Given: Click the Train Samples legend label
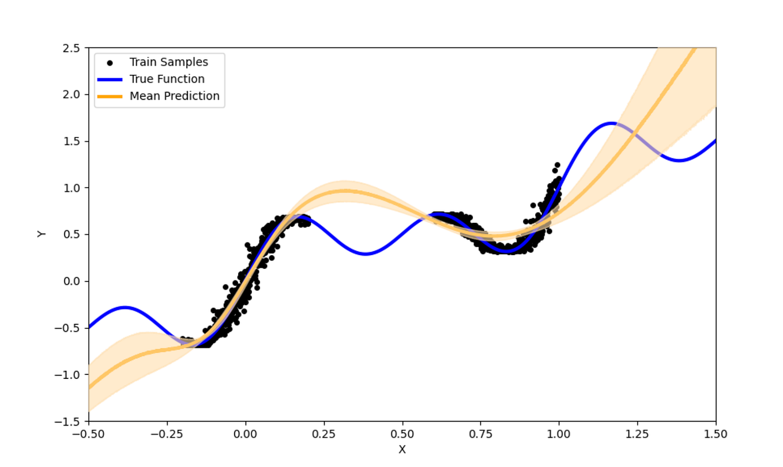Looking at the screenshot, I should click(168, 62).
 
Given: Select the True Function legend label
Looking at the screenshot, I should click(167, 79).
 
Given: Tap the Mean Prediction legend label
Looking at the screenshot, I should click(174, 96).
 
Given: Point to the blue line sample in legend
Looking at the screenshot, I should click(110, 79).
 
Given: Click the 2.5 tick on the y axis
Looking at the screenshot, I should click(75, 48).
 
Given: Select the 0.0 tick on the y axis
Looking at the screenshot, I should click(75, 282).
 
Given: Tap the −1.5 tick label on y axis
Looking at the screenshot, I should click(73, 422).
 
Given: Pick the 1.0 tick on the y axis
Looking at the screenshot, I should click(75, 188).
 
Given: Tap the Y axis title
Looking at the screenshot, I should click(42, 234).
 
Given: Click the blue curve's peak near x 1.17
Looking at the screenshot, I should click(612, 123).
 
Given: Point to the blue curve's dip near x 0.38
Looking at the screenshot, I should click(365, 254).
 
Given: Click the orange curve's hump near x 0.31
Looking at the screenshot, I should click(344, 191).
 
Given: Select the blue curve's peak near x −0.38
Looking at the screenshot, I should click(125, 307).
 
